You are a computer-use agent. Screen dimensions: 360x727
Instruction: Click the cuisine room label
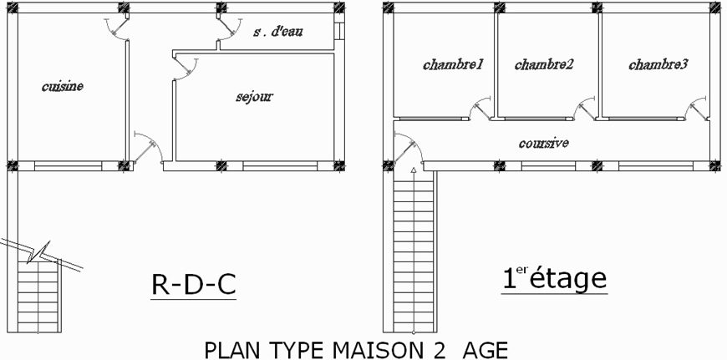click(63, 86)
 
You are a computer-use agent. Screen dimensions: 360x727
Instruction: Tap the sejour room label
click(254, 97)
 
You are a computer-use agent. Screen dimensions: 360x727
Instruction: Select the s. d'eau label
click(277, 33)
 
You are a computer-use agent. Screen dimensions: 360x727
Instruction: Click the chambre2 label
click(544, 64)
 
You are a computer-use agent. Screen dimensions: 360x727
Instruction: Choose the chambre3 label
click(658, 64)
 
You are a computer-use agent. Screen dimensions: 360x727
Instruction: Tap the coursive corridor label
click(543, 144)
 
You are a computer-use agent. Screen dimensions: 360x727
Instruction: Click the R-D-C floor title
click(193, 286)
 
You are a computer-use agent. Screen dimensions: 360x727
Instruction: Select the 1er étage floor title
click(554, 278)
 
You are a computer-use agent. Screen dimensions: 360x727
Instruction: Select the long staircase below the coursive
click(414, 251)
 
